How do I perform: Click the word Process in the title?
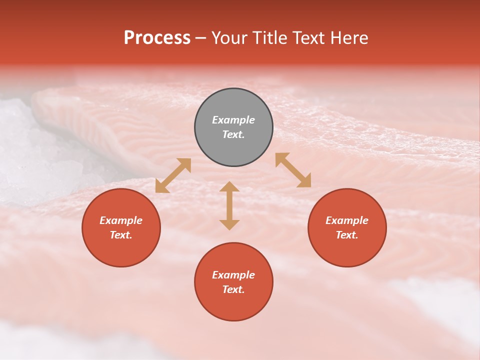157,38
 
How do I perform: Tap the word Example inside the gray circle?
233,120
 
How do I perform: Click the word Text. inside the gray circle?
233,134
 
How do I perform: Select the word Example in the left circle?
121,220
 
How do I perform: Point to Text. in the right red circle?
347,235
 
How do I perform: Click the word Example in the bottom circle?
233,275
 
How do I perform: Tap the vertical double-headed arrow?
229,205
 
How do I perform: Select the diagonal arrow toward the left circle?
173,175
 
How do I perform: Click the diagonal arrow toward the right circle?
293,170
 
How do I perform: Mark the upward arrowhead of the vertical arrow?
229,186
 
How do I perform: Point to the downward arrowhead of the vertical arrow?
229,224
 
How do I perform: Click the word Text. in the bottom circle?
233,289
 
